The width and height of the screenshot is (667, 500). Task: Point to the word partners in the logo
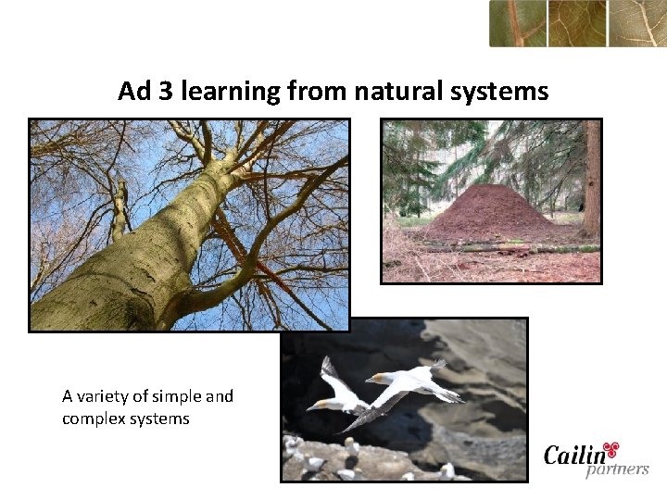coord(617,469)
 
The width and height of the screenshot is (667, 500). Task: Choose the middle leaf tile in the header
coord(576,23)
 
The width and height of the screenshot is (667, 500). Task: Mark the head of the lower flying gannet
coord(315,405)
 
